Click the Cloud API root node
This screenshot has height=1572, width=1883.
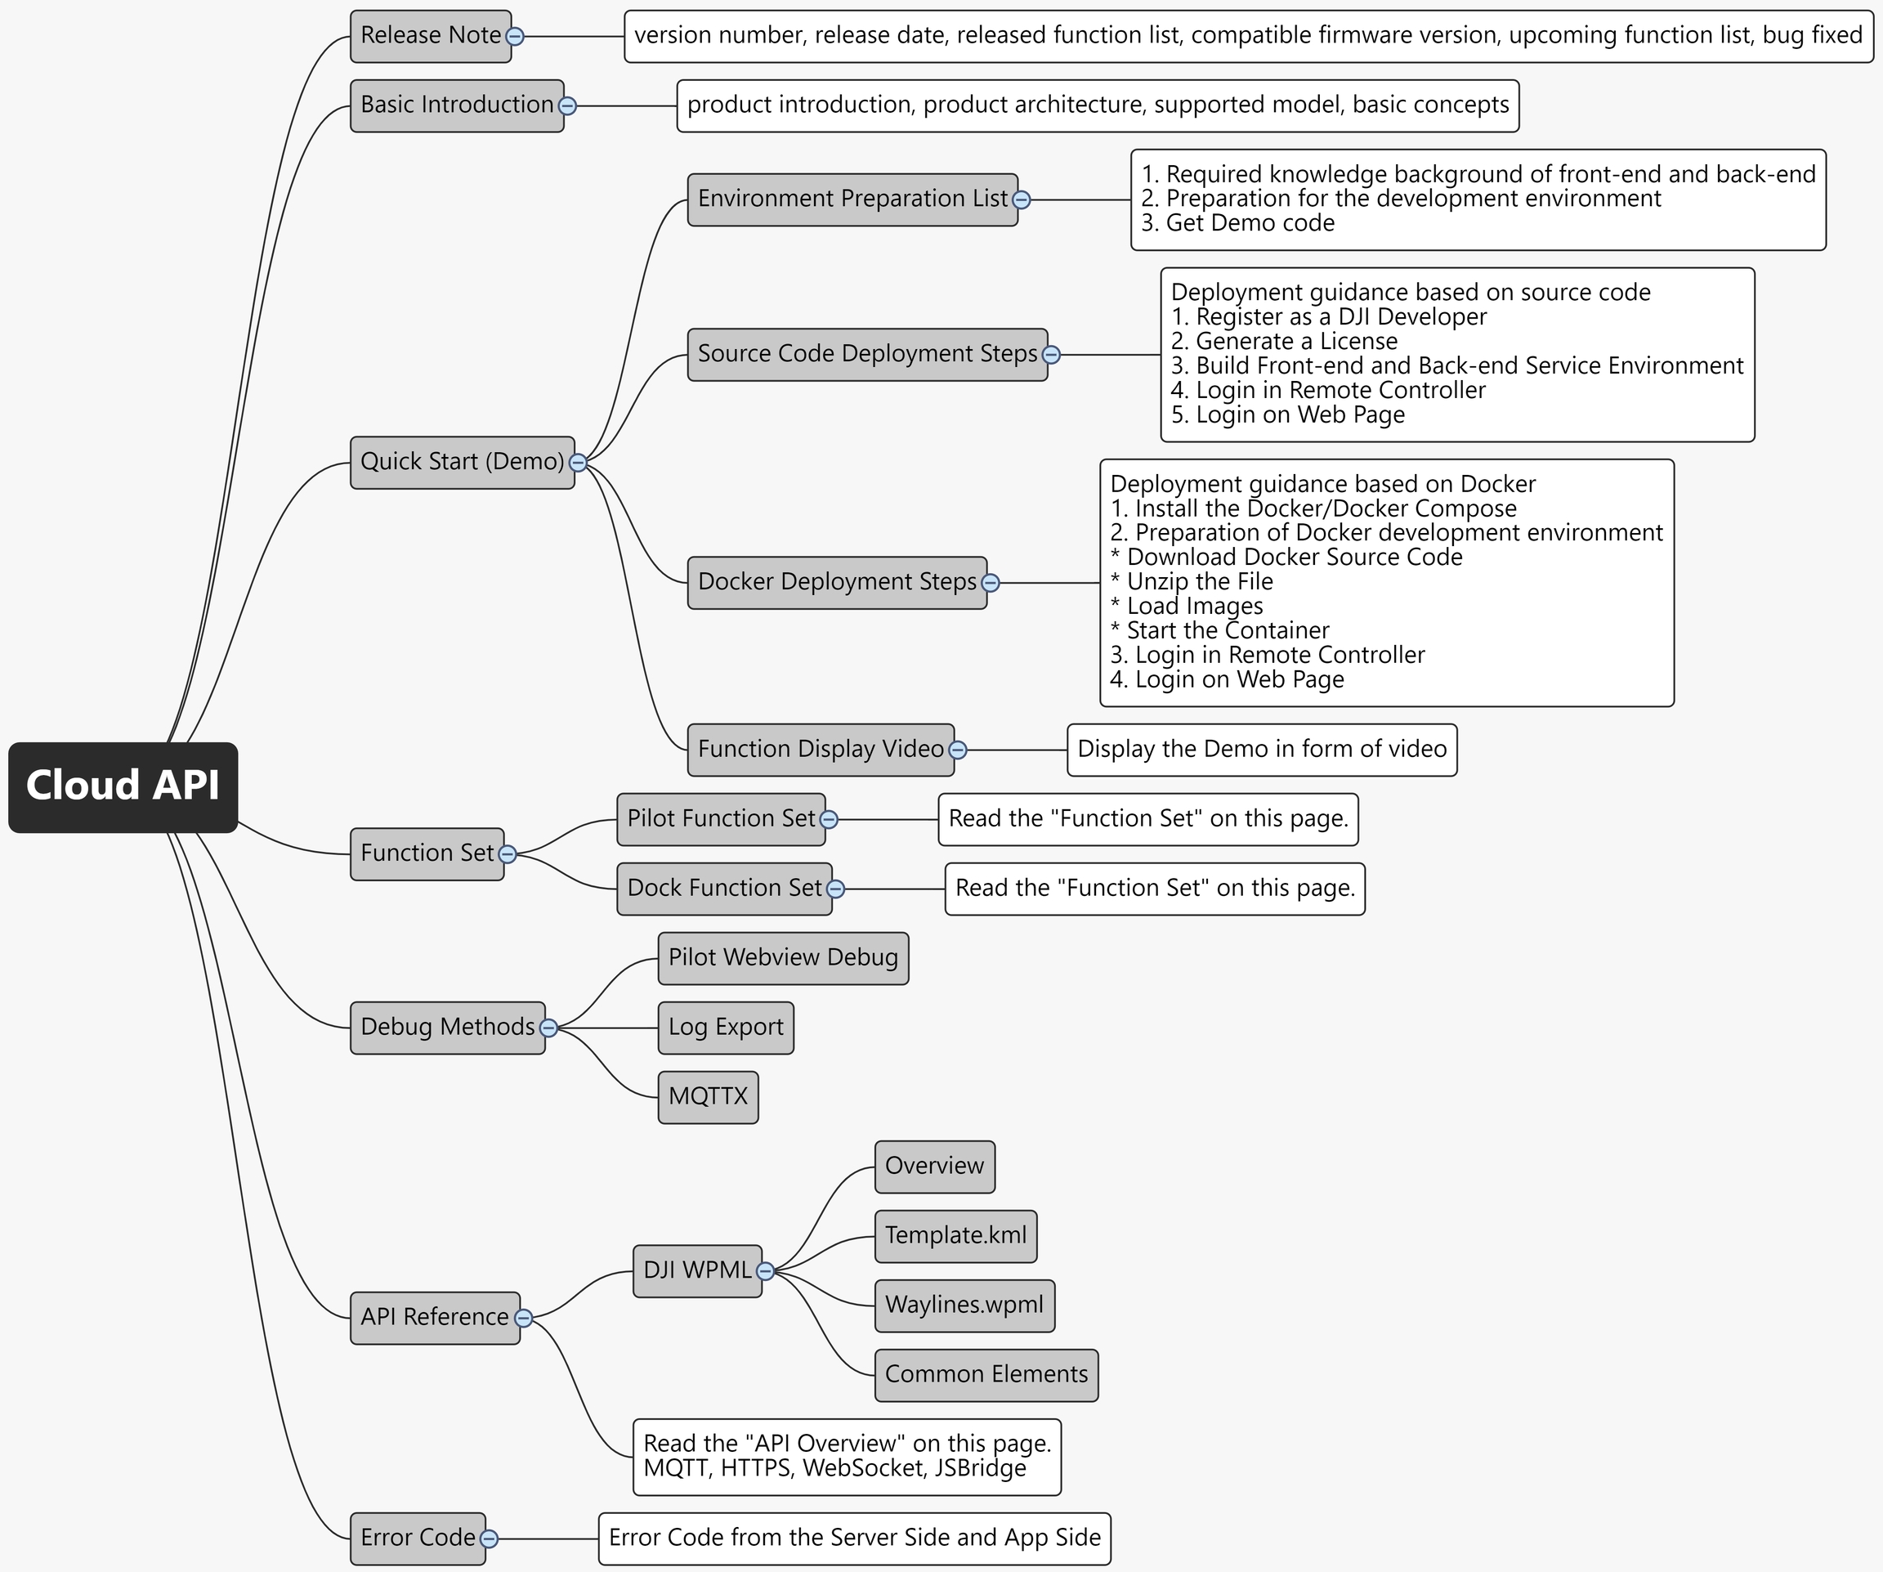[x=123, y=786]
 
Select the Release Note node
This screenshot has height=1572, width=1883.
[x=431, y=36]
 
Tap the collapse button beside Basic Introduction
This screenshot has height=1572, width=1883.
[x=567, y=105]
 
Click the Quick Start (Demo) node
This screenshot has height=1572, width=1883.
[x=462, y=462]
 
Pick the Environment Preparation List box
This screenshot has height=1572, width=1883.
[x=852, y=199]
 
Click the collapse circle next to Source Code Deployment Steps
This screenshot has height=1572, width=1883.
[x=1051, y=355]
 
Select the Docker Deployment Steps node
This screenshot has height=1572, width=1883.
[x=837, y=582]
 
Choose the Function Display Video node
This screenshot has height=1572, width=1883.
[x=821, y=749]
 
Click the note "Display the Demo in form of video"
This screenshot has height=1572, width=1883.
[x=1262, y=749]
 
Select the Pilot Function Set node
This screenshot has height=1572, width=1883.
[x=720, y=819]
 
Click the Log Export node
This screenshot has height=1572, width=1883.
[x=726, y=1027]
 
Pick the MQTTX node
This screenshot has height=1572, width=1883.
[x=708, y=1096]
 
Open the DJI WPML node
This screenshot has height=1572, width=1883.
[x=696, y=1270]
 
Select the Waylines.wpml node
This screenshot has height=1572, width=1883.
[x=964, y=1305]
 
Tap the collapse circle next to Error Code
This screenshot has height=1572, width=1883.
[x=489, y=1538]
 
